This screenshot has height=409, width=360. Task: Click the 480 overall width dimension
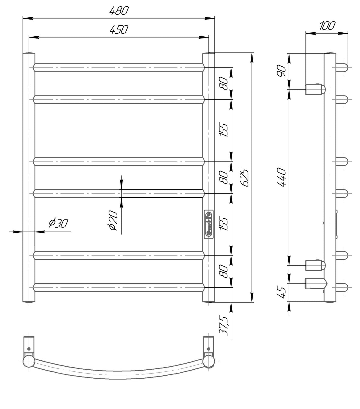tap(119, 11)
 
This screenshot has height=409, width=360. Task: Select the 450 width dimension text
tap(119, 29)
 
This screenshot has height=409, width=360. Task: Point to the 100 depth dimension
tap(327, 26)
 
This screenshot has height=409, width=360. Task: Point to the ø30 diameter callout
tap(58, 223)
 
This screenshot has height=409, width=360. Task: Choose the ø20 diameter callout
tap(113, 220)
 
